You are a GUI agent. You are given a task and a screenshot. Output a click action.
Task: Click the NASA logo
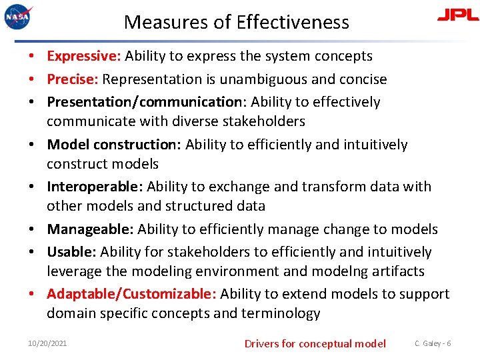pos(17,16)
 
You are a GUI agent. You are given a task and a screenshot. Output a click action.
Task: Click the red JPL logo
pos(457,15)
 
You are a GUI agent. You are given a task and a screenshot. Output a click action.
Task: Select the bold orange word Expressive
pos(83,56)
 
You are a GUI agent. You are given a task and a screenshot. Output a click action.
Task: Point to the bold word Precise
pos(73,79)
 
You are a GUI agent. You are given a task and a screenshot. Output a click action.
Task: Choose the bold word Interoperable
pos(95,187)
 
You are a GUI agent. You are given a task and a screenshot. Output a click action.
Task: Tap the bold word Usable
pos(71,252)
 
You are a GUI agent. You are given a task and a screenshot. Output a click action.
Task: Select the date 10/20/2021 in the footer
pos(47,343)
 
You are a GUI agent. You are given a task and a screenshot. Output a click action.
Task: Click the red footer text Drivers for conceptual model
pos(315,343)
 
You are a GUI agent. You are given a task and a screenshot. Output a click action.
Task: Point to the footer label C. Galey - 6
pos(433,343)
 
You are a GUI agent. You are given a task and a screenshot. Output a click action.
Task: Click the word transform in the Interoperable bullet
pos(338,187)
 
